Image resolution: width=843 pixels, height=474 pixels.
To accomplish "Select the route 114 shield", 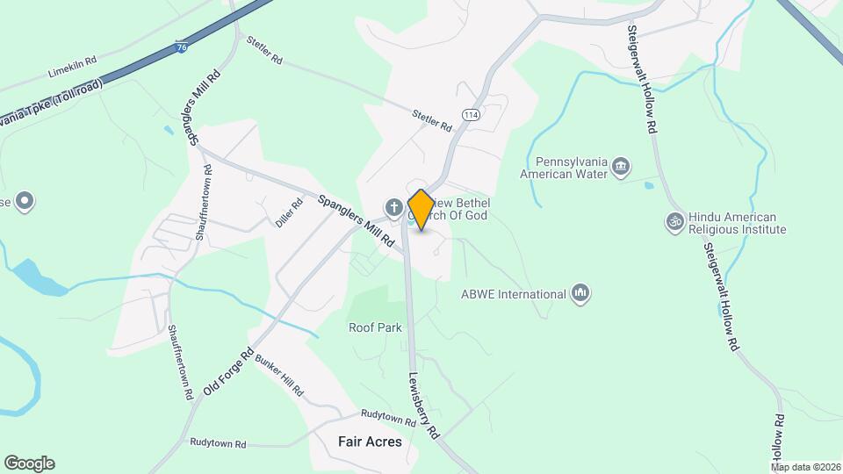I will pos(471,115).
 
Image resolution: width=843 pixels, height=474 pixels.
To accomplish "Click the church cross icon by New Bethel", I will pos(394,207).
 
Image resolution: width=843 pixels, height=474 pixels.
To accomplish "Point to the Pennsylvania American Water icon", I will pos(622,167).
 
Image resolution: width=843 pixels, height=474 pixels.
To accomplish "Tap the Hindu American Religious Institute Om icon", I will pos(674,222).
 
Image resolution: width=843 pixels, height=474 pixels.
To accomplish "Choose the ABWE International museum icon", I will pos(580,294).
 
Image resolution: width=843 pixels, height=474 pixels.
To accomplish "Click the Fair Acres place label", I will pos(370,442).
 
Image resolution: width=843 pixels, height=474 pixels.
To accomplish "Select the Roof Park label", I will pos(375,327).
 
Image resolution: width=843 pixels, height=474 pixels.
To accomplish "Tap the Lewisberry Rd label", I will pos(423,406).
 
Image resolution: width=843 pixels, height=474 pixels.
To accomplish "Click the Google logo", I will pos(29,463).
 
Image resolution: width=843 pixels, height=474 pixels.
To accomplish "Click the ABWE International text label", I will pos(514,294).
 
